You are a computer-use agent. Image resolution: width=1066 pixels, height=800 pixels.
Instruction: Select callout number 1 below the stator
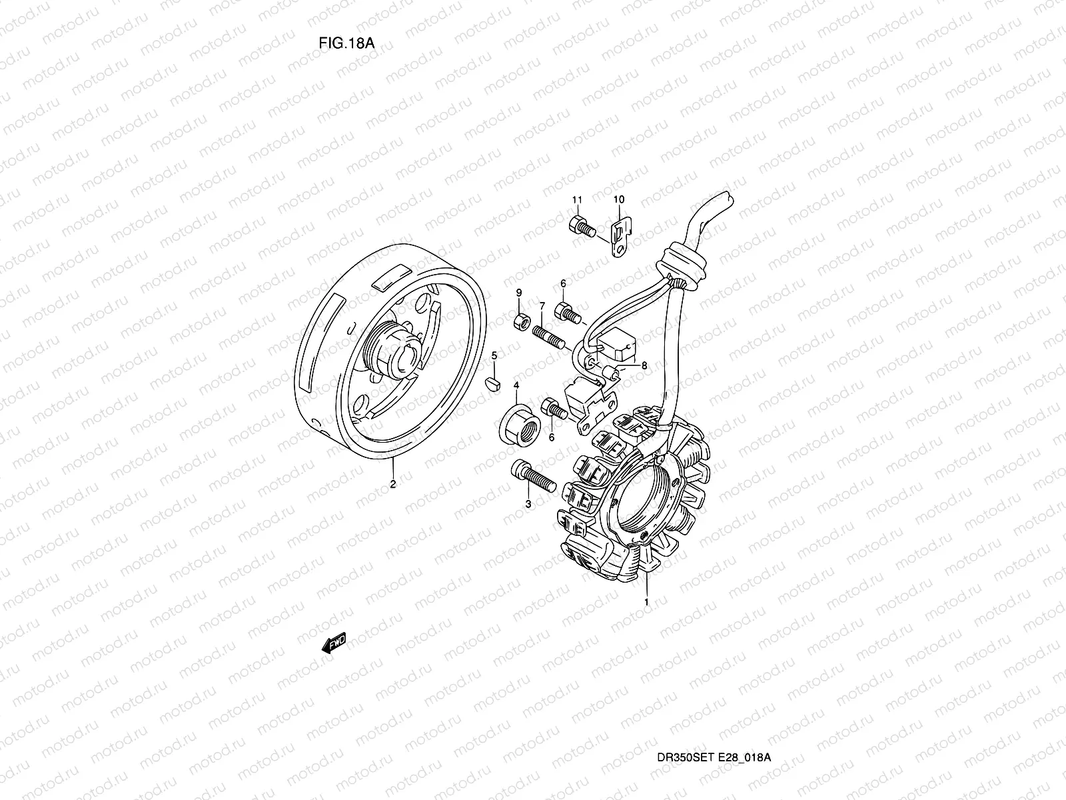[x=646, y=601]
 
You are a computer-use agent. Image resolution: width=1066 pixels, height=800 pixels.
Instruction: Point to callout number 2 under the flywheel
[x=392, y=484]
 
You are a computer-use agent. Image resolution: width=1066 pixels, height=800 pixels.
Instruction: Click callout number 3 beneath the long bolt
[x=528, y=505]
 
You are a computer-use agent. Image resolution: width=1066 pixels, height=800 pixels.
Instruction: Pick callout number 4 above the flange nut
[x=516, y=385]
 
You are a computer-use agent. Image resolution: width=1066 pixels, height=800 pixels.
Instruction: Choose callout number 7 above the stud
[x=542, y=306]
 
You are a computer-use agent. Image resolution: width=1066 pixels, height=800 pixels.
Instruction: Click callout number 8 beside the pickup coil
[x=644, y=365]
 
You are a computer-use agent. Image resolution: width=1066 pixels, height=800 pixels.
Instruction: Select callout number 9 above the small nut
[x=519, y=293]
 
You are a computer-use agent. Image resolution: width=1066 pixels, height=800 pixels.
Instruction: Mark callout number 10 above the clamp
[x=619, y=199]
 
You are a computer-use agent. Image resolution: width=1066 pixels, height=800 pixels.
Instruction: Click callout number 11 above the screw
[x=577, y=199]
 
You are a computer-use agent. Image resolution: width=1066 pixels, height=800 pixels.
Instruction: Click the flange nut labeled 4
[x=517, y=418]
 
